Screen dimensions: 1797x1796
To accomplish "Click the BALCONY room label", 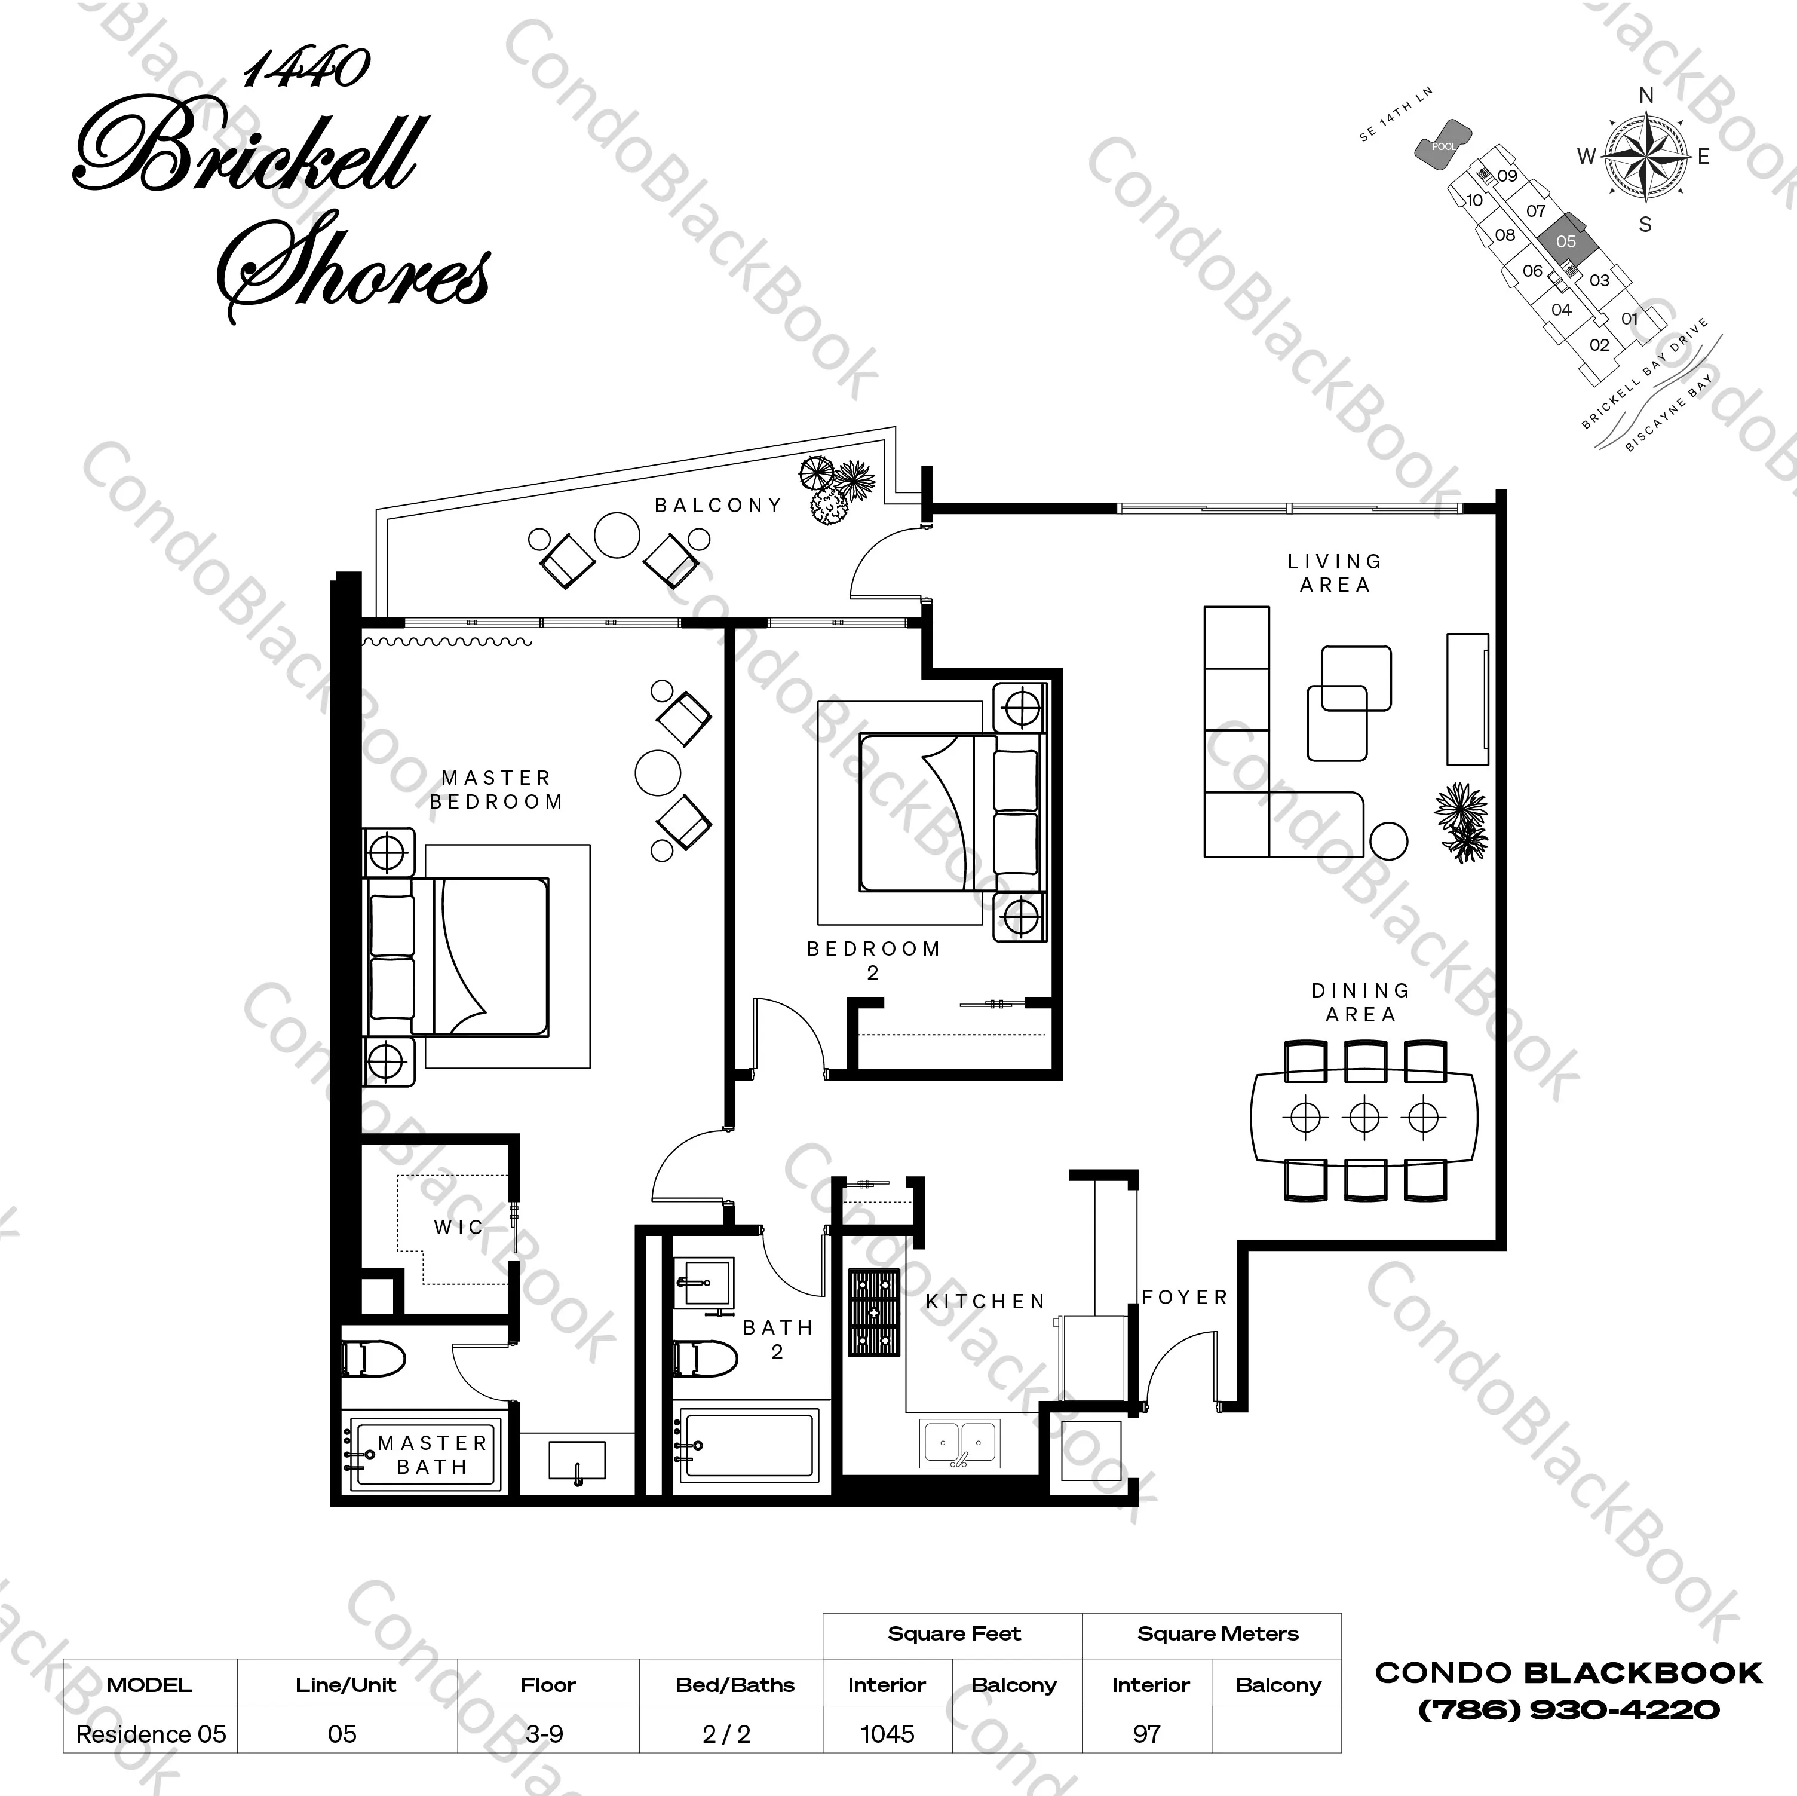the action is [x=718, y=505].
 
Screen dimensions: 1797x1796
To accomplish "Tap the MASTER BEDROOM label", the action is [x=496, y=789].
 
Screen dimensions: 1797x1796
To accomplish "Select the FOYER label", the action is [x=1185, y=1297].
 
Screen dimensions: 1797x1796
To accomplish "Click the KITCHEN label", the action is [x=986, y=1301].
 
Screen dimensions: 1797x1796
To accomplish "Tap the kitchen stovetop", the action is [x=875, y=1312].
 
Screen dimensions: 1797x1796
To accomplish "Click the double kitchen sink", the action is [x=960, y=1443].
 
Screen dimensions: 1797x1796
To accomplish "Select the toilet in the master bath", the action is [x=374, y=1359].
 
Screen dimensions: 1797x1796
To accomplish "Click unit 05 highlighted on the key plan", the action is [x=1566, y=241].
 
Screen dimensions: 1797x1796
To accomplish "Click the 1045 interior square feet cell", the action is [x=887, y=1734].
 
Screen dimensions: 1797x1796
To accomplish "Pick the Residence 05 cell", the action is [x=151, y=1734].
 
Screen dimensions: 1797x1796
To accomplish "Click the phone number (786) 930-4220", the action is [x=1568, y=1709].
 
